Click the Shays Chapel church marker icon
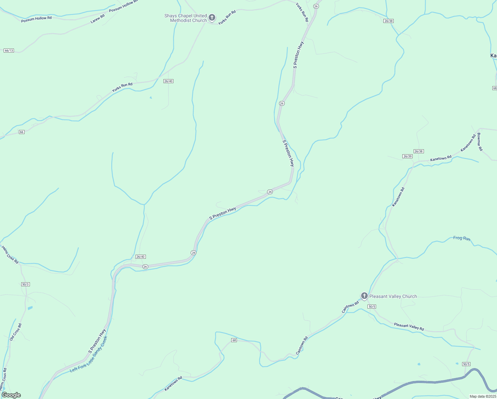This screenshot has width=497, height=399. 212,18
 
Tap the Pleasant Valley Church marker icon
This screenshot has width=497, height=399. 364,296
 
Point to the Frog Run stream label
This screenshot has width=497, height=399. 462,238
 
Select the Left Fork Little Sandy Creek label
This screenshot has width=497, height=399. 89,354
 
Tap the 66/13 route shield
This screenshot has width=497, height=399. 9,51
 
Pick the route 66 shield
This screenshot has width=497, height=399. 22,132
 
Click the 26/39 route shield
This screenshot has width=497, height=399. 407,156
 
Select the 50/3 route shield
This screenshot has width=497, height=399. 26,284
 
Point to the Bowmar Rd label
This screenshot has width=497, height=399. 479,142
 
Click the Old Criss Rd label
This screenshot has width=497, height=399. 16,332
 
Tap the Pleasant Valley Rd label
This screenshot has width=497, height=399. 409,327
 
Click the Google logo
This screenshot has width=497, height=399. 11,395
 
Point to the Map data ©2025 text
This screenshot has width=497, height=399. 482,396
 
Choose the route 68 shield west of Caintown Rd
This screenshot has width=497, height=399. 234,340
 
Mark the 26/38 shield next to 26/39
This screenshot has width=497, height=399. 419,151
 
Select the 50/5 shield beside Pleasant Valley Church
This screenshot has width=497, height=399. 372,306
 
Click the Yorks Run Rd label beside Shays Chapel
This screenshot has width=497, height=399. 227,17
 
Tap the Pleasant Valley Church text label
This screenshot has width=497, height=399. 393,296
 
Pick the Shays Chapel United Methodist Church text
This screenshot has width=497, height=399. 186,18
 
